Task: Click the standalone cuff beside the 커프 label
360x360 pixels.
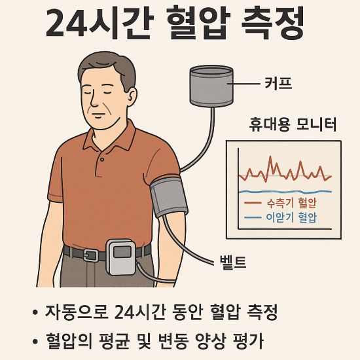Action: pyautogui.click(x=211, y=85)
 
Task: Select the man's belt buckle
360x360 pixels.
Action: pyautogui.click(x=92, y=255)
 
